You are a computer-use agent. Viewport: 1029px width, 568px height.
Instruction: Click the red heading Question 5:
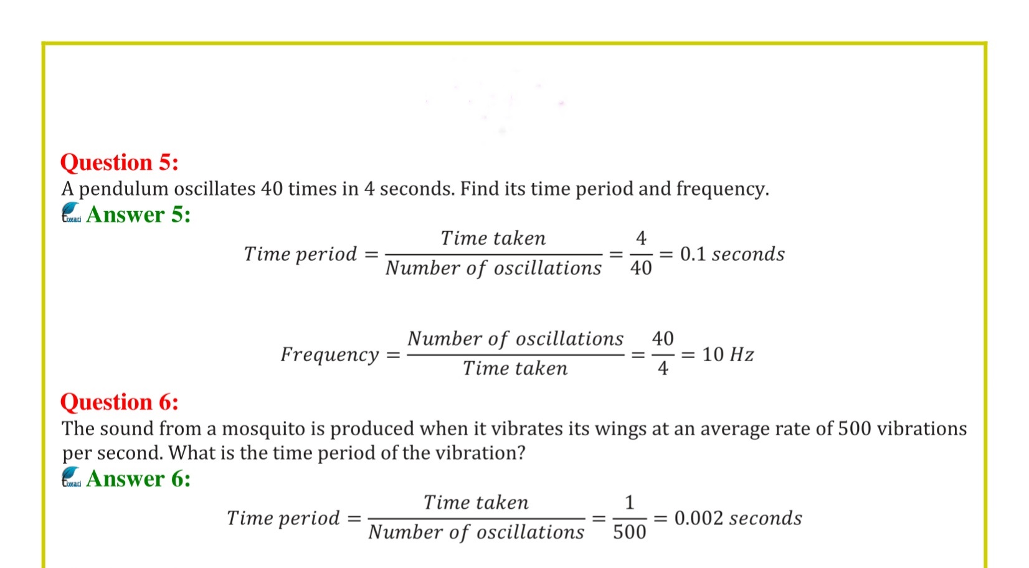[119, 163]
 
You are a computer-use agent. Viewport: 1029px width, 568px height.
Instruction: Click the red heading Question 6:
[119, 402]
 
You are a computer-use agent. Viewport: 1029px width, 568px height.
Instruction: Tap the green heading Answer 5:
[138, 215]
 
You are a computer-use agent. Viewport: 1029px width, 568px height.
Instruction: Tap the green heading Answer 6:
[138, 479]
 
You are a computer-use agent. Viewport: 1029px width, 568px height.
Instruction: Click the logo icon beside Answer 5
[71, 213]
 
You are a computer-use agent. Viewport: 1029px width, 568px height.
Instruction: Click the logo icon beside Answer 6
[71, 477]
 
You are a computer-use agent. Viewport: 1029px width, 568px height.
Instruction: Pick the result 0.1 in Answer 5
[693, 254]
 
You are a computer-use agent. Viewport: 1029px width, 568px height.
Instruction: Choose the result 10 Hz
[728, 355]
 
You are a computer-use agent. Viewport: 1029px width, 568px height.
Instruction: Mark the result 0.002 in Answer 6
[698, 518]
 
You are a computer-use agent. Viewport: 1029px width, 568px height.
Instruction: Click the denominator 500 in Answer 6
[629, 532]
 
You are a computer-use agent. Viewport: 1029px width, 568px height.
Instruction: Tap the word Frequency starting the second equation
[330, 355]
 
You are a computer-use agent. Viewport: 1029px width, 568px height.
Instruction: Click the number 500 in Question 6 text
[854, 429]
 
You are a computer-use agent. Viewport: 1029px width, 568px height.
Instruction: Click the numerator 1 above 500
[629, 503]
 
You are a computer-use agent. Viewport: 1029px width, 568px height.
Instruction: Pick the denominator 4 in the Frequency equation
[663, 369]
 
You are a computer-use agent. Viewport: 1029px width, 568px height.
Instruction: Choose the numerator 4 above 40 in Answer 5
[641, 239]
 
